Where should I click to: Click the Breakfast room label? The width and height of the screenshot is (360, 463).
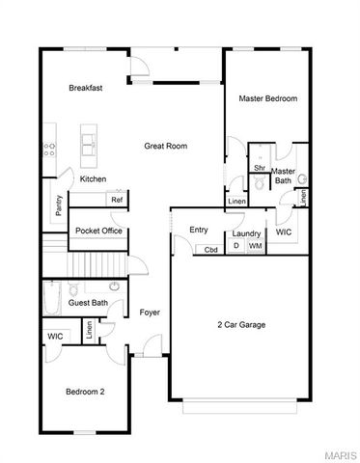pos(86,88)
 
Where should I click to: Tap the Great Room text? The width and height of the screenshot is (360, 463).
pos(165,147)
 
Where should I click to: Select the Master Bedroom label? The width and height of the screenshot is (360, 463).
pos(267,98)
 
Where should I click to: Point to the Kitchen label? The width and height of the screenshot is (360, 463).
pos(93,179)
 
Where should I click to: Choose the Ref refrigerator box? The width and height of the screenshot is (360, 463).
pos(117,200)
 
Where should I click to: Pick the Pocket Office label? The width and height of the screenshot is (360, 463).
pos(98,231)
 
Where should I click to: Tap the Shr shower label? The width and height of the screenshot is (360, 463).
pos(259,168)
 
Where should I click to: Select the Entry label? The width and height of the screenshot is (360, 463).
pos(199,230)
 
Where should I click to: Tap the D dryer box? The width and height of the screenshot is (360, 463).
pos(237,247)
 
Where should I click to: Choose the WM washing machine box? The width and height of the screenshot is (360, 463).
pos(255,247)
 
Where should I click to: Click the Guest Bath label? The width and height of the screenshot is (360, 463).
pos(87,304)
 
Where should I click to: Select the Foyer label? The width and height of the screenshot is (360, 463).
pos(150,313)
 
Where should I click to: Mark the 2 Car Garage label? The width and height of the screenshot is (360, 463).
pos(240,325)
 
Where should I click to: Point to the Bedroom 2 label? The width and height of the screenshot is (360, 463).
pos(85,392)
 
